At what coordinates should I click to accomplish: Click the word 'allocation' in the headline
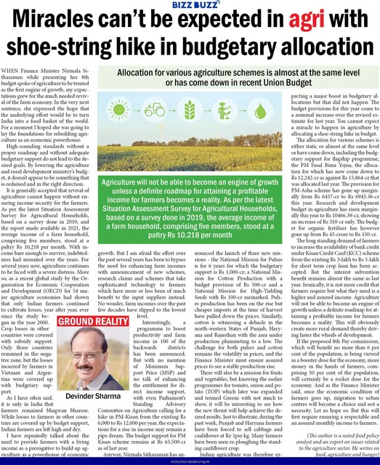coord(331,51)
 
